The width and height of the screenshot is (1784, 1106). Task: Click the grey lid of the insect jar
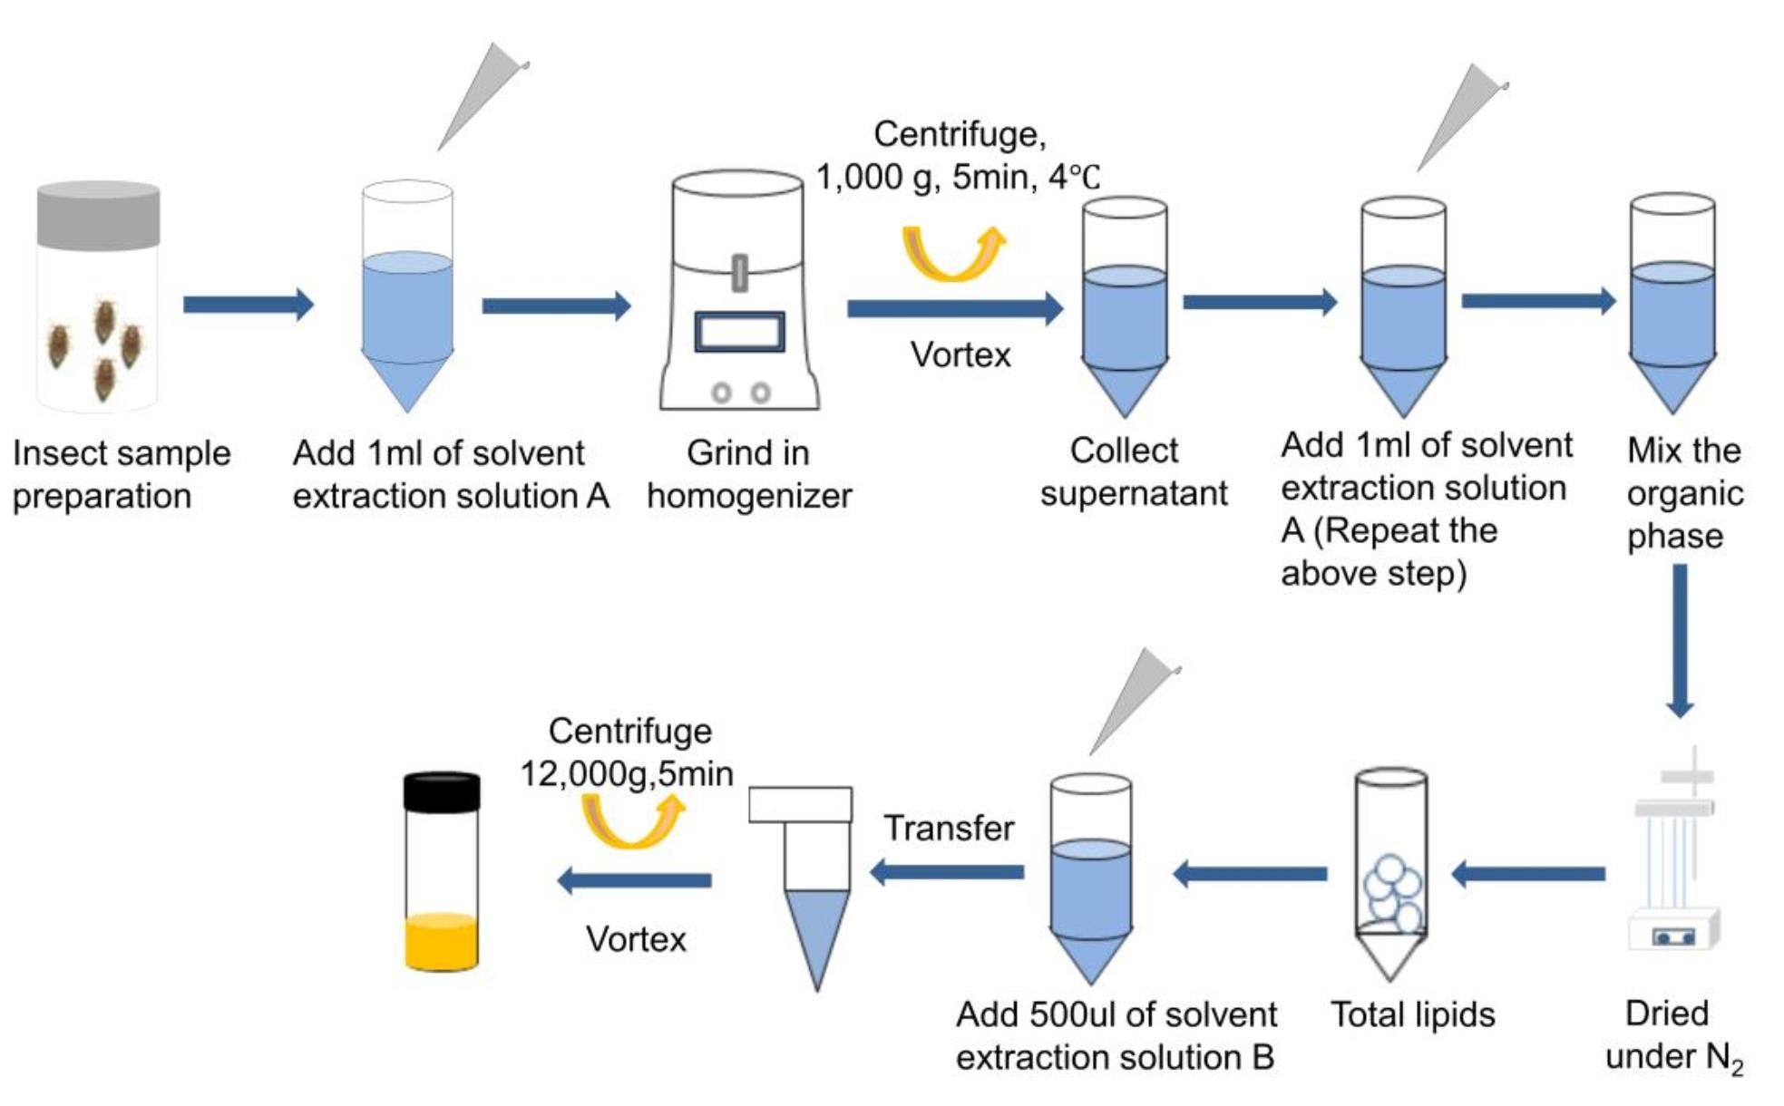pos(99,215)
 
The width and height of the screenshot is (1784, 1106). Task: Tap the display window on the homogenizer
pos(740,332)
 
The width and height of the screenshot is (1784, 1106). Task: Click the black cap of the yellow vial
pos(442,791)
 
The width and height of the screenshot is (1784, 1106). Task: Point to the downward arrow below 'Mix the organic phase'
pos(1680,641)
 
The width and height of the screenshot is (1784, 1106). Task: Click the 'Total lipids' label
pos(1412,1014)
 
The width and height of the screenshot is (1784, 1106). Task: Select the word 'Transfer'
pos(949,828)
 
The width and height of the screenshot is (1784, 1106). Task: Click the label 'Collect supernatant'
pos(1133,471)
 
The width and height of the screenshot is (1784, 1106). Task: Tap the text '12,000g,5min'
pos(627,774)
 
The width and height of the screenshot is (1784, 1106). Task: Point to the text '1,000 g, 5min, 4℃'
pos(958,177)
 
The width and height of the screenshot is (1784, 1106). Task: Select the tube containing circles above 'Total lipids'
pos(1390,874)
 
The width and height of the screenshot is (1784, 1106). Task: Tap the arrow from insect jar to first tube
pos(249,305)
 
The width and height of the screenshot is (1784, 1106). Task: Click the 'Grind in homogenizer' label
pos(749,474)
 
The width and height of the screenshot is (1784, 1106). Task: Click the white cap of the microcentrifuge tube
pos(800,804)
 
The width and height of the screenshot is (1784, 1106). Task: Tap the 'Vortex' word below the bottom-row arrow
pos(636,939)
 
